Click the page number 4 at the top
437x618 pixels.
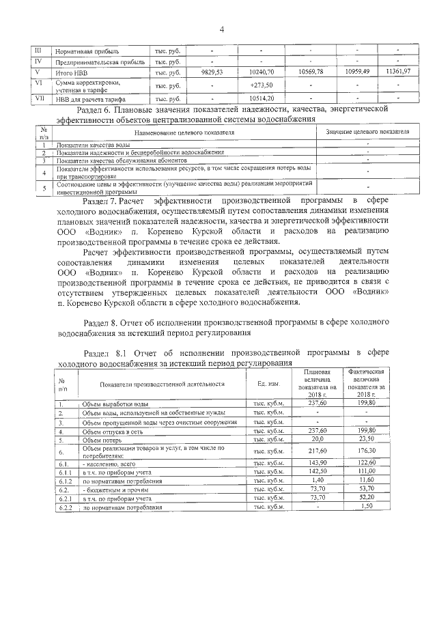[222, 29]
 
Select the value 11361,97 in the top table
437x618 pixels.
[397, 72]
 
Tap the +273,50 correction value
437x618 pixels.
[262, 85]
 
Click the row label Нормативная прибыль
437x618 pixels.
[87, 51]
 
